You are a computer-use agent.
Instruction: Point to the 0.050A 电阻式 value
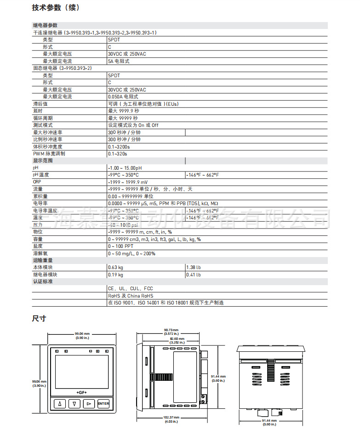click(x=123, y=97)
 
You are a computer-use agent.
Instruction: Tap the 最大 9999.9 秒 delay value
click(x=124, y=111)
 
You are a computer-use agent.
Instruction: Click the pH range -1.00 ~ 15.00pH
click(x=125, y=168)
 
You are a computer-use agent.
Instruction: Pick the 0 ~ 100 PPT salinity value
click(x=122, y=247)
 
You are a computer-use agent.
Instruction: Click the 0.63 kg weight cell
click(x=116, y=268)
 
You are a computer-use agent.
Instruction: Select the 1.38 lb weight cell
click(x=194, y=268)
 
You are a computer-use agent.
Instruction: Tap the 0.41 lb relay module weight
click(x=194, y=275)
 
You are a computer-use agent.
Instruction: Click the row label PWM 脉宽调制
click(x=49, y=154)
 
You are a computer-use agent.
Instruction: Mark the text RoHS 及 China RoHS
click(x=131, y=296)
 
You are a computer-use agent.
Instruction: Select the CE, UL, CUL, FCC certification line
click(x=131, y=289)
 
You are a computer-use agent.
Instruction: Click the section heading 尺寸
click(x=39, y=318)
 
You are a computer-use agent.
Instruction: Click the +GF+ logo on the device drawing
click(x=81, y=392)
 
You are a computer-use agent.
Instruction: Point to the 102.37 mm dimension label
click(x=171, y=418)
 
